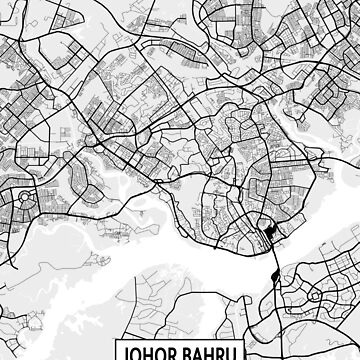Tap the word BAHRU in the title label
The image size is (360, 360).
pyautogui.click(x=215, y=352)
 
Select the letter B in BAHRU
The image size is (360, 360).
pyautogui.click(x=194, y=352)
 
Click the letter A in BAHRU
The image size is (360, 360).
pyautogui.click(x=205, y=352)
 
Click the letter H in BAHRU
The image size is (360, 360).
pyautogui.click(x=216, y=352)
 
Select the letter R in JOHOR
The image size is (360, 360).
pyautogui.click(x=181, y=352)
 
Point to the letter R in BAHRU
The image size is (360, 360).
pyautogui.click(x=227, y=352)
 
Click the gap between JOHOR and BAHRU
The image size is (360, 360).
pyautogui.click(x=188, y=352)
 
